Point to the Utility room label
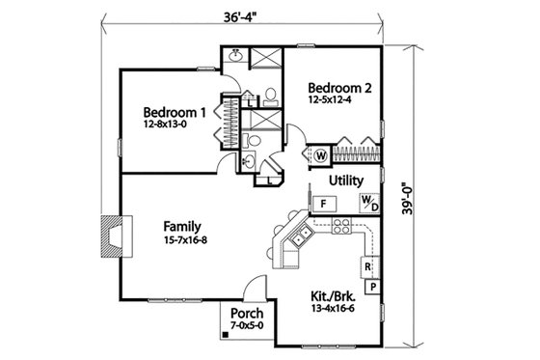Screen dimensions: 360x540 345,180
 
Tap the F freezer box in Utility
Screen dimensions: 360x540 323,203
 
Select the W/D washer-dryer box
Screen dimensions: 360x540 368,202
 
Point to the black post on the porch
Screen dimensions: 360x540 225,334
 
